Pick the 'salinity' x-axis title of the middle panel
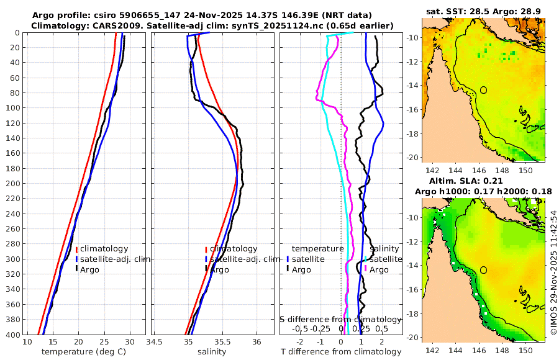pyautogui.click(x=212, y=352)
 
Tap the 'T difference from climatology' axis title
pyautogui.click(x=341, y=352)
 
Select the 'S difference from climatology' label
pyautogui.click(x=341, y=319)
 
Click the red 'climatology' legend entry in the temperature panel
pyautogui.click(x=104, y=249)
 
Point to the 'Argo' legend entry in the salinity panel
pyautogui.click(x=221, y=269)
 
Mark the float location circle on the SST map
pyautogui.click(x=484, y=90)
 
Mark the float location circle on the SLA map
pyautogui.click(x=484, y=270)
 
